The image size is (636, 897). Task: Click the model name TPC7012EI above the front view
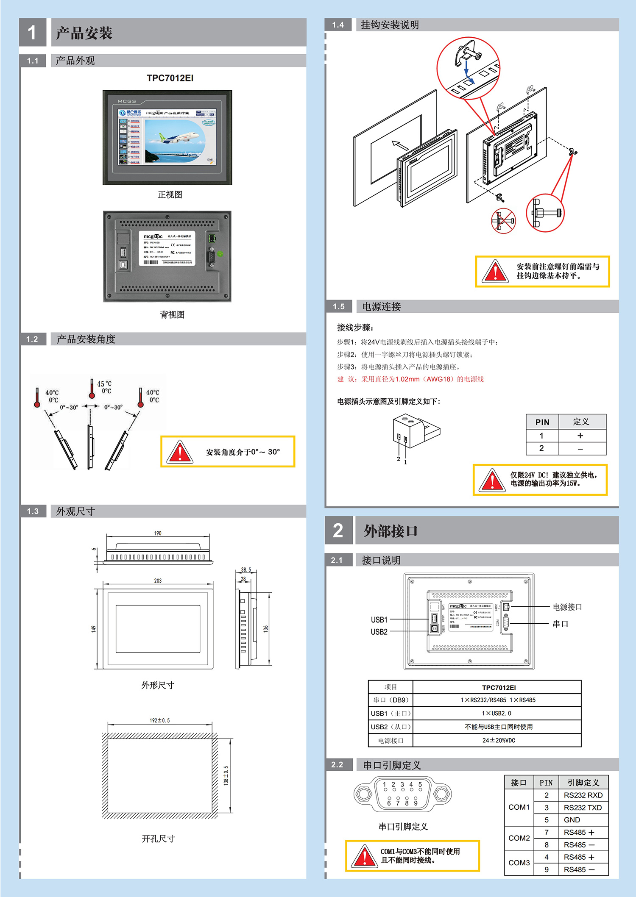click(170, 78)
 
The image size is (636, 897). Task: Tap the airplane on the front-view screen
click(179, 138)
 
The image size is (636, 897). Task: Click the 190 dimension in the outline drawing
click(158, 533)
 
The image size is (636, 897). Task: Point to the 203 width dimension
click(158, 580)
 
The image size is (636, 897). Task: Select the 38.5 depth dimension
click(246, 569)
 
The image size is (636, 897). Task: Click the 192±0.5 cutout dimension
click(159, 720)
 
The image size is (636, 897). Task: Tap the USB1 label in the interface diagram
click(379, 619)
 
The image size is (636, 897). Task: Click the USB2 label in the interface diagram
click(379, 632)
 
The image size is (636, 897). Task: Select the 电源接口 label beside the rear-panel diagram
click(567, 607)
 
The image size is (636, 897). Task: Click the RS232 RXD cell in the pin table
click(583, 795)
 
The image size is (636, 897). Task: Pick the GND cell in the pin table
click(572, 820)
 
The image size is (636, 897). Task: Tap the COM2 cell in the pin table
click(519, 838)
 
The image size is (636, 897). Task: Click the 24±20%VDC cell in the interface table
click(499, 740)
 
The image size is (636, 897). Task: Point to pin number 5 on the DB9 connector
click(420, 785)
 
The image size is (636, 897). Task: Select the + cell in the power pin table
click(580, 436)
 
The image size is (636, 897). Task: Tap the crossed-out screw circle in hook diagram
click(503, 220)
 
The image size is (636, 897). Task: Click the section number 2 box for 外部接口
click(338, 530)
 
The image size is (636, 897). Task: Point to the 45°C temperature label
click(104, 384)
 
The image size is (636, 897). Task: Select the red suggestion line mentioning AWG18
click(410, 379)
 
